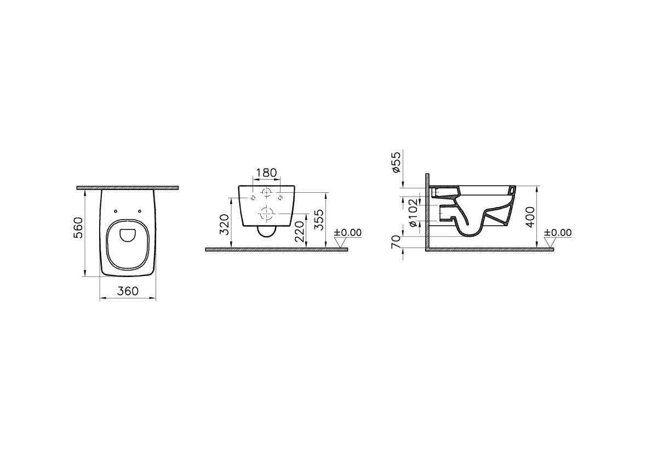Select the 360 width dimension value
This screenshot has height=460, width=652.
pos(128,291)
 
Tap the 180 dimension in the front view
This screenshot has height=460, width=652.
pos(266,173)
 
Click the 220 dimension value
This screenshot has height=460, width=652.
pos(298,232)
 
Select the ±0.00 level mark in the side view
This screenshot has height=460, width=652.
pos(558,233)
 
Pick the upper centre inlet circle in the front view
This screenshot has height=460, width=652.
pos(266,193)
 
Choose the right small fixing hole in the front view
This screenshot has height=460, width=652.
pos(281,196)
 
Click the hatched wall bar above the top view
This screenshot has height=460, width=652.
pos(128,188)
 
